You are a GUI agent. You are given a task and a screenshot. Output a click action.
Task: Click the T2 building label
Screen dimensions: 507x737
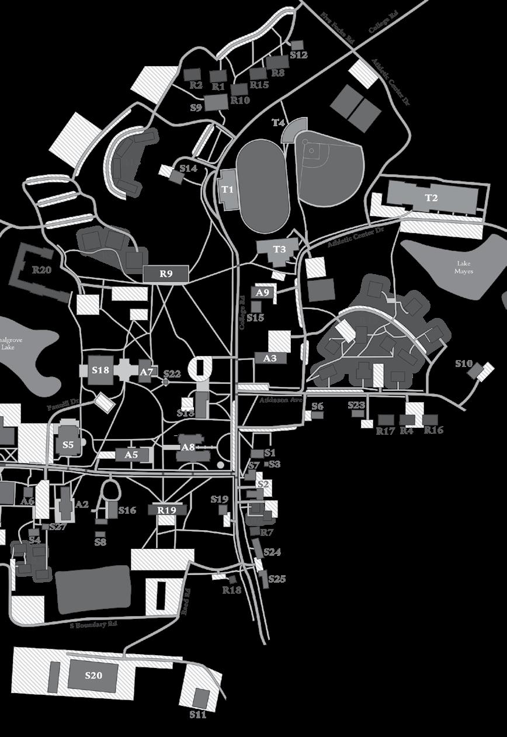431,198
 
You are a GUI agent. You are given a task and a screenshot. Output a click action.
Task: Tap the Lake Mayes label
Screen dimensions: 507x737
464,267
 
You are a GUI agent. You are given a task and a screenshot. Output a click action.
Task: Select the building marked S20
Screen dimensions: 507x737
93,676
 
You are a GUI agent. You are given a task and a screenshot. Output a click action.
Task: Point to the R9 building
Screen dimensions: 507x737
166,273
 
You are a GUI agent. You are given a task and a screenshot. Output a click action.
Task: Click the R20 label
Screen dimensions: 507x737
41,270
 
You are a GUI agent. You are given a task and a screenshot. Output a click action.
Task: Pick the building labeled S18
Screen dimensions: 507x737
100,371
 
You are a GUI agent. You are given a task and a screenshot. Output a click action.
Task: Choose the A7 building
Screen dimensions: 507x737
146,372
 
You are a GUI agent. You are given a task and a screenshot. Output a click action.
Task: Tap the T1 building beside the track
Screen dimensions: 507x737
228,189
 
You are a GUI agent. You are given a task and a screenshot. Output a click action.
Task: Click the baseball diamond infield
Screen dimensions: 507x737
313,150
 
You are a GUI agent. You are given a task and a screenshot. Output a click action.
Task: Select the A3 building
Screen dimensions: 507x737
270,358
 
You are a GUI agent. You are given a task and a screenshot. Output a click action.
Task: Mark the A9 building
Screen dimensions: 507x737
262,293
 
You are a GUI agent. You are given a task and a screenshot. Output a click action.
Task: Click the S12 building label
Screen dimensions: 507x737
298,56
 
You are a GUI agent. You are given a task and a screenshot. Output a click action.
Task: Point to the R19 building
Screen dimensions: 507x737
166,510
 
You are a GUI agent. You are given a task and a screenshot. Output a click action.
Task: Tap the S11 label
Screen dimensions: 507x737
198,715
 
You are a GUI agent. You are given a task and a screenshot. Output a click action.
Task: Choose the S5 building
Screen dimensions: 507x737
68,445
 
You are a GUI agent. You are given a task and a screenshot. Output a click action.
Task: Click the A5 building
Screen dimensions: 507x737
131,455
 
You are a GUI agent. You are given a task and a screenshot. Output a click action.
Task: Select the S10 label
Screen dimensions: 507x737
463,364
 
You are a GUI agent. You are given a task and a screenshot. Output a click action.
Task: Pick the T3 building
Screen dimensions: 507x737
279,250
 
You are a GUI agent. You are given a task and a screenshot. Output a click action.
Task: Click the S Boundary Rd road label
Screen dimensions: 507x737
93,625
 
